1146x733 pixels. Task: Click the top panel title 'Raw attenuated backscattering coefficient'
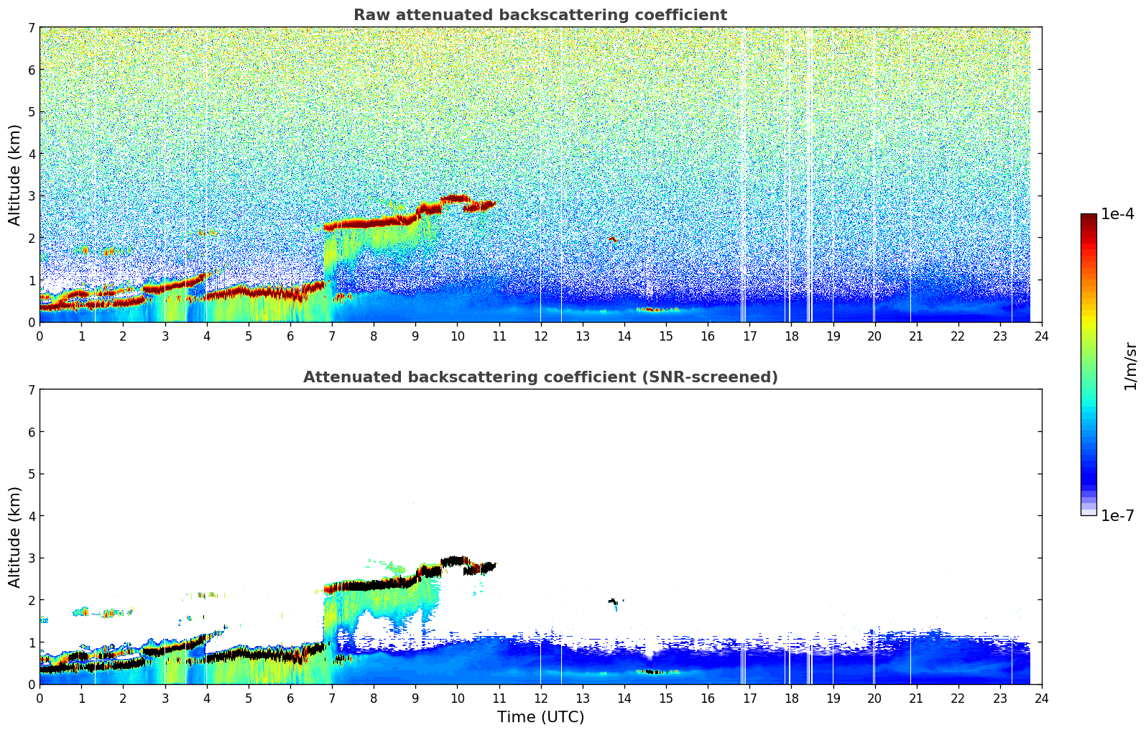point(540,15)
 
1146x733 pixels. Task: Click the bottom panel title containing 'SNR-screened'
point(540,377)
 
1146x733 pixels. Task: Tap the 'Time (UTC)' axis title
point(540,717)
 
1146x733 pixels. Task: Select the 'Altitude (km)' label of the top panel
point(14,175)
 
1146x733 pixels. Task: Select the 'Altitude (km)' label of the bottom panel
point(14,537)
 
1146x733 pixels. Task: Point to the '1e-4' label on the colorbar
point(1117,214)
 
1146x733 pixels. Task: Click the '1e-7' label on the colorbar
point(1117,516)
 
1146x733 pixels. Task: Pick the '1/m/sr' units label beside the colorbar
point(1130,365)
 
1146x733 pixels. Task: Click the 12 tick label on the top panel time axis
point(540,336)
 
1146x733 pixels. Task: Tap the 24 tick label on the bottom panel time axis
point(1041,699)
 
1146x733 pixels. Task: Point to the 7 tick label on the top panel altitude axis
point(32,28)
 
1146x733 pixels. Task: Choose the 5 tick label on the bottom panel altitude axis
point(32,474)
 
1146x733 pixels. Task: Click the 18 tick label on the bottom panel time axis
point(790,699)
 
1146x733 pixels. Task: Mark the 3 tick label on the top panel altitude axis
point(32,196)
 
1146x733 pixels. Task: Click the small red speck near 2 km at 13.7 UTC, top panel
point(612,239)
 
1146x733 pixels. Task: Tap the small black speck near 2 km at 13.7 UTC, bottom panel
point(612,601)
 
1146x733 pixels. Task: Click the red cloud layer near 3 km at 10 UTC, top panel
point(456,198)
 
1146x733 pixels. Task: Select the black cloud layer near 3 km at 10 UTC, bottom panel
point(456,561)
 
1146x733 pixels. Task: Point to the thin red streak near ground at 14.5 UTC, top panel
point(655,310)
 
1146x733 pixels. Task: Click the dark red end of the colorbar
point(1088,218)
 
